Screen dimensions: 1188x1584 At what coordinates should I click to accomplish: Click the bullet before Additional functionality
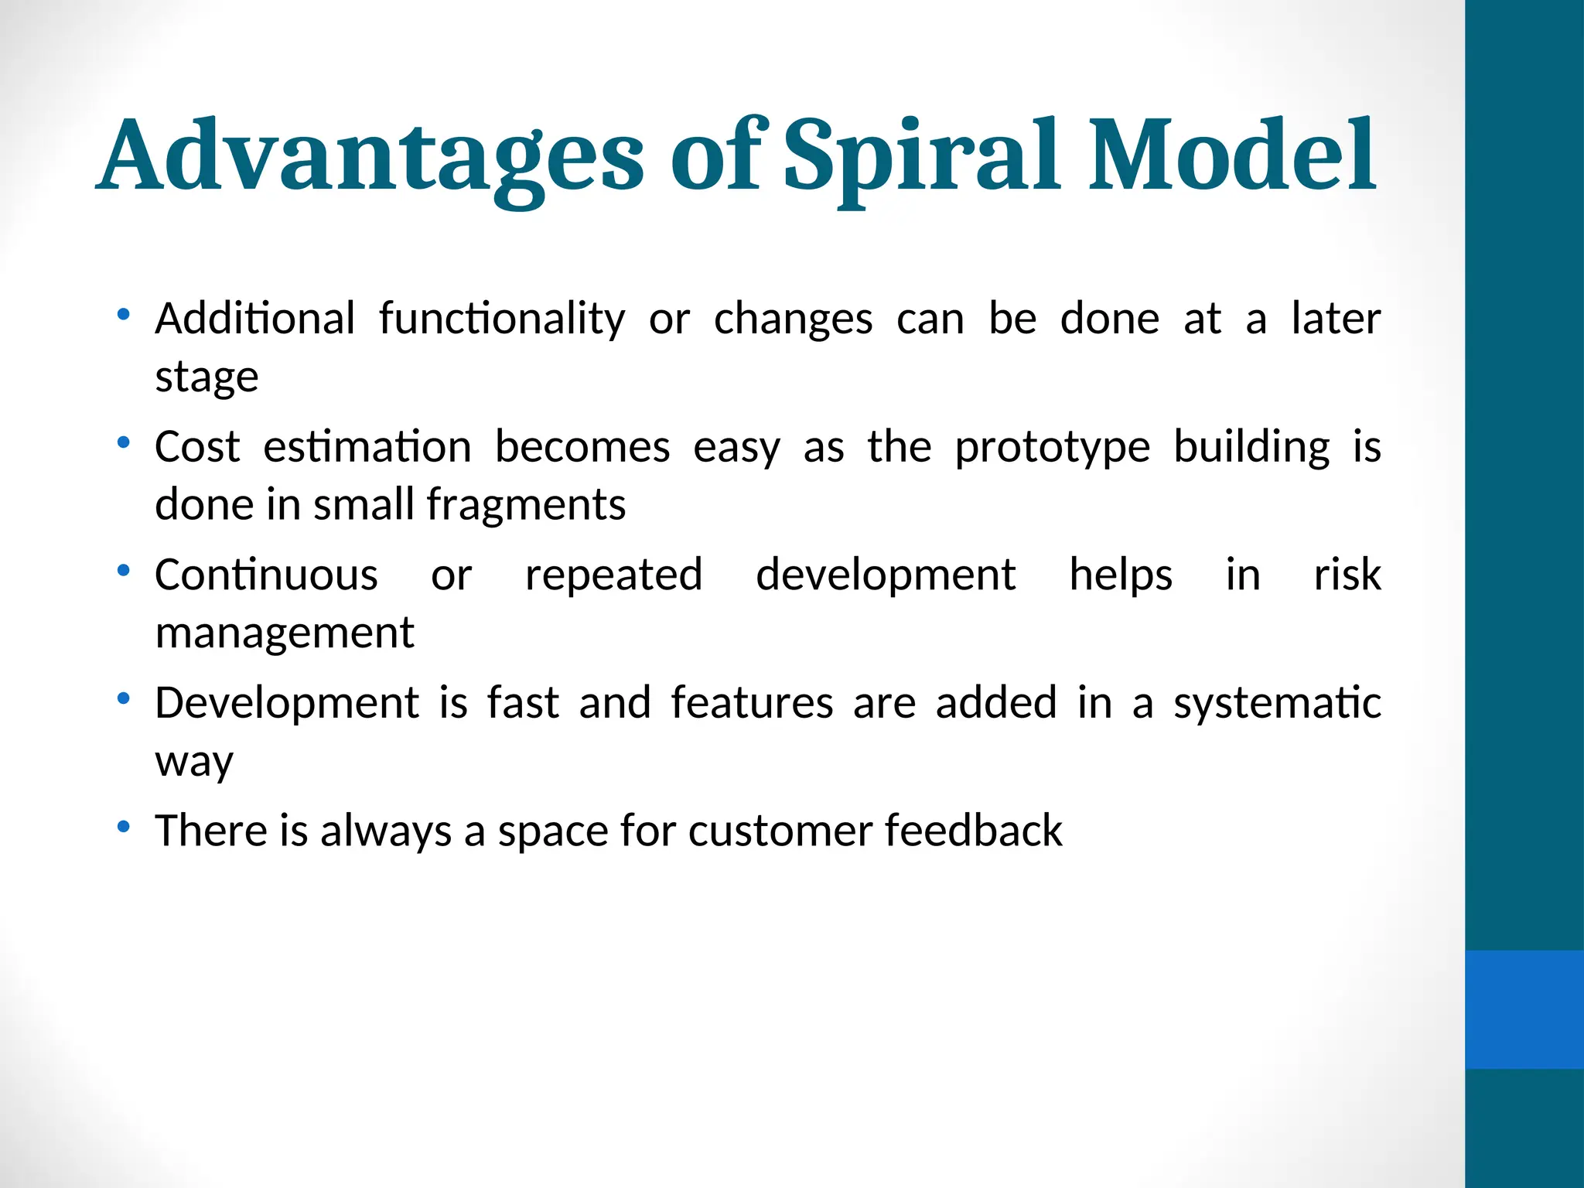point(123,315)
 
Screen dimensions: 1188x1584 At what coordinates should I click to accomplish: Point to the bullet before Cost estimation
point(123,443)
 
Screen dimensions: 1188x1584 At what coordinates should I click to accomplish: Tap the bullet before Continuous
point(123,572)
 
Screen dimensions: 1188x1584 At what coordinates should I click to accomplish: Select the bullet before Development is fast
point(123,699)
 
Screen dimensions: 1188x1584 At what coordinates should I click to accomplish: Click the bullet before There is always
point(123,828)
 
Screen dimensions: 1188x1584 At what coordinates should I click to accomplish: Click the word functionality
point(501,319)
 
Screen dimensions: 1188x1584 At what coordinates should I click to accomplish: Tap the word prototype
point(1052,448)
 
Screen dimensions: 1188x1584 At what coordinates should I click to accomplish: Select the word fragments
point(525,505)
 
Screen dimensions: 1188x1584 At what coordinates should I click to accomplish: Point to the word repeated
point(613,575)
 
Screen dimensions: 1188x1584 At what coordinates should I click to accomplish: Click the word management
point(285,633)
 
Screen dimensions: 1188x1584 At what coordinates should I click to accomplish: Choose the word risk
point(1347,575)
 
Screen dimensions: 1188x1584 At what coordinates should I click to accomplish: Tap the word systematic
point(1276,704)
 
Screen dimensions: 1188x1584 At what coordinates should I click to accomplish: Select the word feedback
point(973,831)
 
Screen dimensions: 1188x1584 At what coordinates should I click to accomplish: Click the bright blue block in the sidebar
point(1524,1009)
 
